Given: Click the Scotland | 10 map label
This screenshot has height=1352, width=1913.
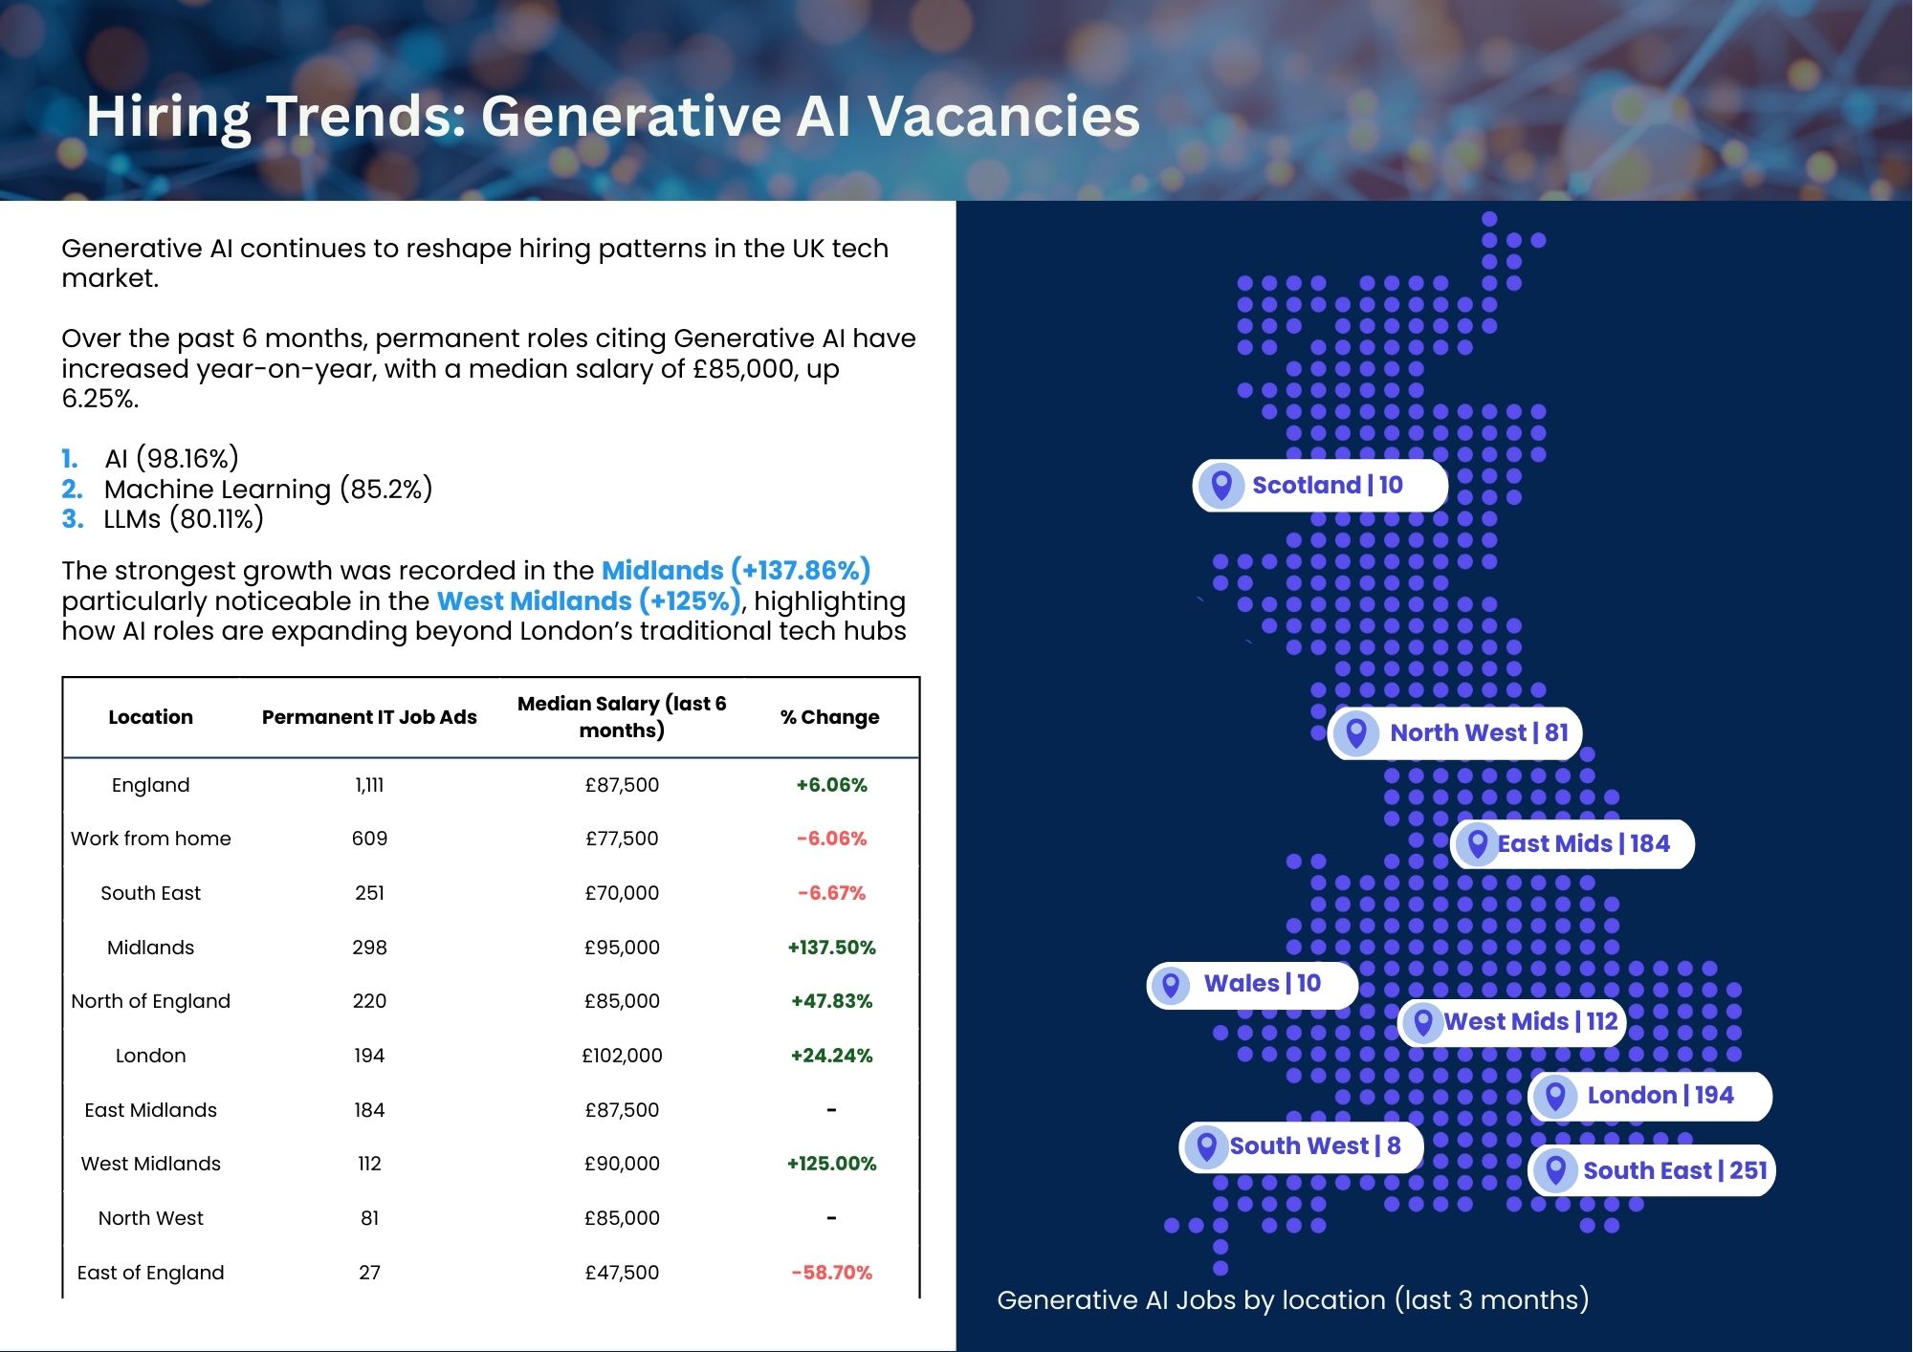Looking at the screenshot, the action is pyautogui.click(x=1320, y=485).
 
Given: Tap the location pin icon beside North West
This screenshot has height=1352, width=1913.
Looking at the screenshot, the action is pyautogui.click(x=1355, y=733).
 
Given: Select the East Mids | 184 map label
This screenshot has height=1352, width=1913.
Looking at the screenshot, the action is pyautogui.click(x=1572, y=843).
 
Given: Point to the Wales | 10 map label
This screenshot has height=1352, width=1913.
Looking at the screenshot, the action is pyautogui.click(x=1252, y=984).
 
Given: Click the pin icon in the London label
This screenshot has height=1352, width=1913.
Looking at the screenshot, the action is pyautogui.click(x=1555, y=1096).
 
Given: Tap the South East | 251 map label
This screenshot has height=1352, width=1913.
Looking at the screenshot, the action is pyautogui.click(x=1652, y=1170).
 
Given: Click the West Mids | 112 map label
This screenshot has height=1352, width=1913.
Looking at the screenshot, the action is pyautogui.click(x=1512, y=1021).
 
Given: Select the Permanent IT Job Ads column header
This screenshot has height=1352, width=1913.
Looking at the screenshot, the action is pyautogui.click(x=369, y=717).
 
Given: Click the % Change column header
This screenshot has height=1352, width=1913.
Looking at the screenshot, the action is pyautogui.click(x=830, y=717).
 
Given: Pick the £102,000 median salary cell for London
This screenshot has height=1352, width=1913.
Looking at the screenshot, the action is pyautogui.click(x=622, y=1056).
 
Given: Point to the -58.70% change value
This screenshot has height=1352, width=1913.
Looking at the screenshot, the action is pyautogui.click(x=831, y=1273).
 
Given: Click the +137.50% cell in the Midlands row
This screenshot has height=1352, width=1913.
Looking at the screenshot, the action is pyautogui.click(x=831, y=948).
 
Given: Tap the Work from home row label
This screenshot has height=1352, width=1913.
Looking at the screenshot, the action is pyautogui.click(x=151, y=839).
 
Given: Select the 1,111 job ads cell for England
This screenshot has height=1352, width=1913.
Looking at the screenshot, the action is pyautogui.click(x=369, y=785).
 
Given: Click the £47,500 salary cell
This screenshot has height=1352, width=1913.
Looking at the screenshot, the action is pyautogui.click(x=622, y=1273).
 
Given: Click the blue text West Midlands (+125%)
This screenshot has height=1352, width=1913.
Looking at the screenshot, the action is pyautogui.click(x=589, y=601).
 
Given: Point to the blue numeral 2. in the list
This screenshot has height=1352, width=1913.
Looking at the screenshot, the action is pyautogui.click(x=72, y=490).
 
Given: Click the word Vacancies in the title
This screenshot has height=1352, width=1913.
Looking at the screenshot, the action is pyautogui.click(x=1003, y=116).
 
